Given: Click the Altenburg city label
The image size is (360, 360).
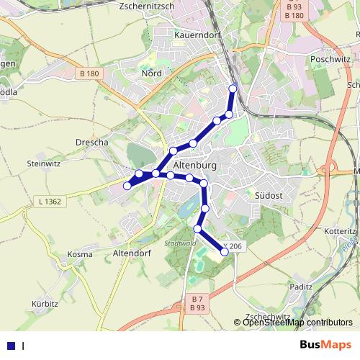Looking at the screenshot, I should click(x=195, y=164).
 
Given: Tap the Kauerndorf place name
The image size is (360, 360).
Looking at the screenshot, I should click(x=197, y=34).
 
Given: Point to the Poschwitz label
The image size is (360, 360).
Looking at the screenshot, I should click(x=329, y=60).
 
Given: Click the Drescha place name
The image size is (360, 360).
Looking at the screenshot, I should click(x=91, y=143).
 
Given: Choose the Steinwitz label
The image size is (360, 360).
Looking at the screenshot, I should click(x=43, y=164).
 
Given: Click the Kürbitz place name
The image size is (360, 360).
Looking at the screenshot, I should click(x=45, y=304).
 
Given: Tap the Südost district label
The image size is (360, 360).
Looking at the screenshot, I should click(x=268, y=195).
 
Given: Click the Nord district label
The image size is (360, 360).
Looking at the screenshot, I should click(x=151, y=73).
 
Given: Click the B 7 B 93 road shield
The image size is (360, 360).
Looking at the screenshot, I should click(x=197, y=303).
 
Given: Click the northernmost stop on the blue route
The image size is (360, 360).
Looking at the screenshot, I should click(x=233, y=89).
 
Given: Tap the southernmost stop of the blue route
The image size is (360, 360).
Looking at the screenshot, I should click(x=225, y=251).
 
